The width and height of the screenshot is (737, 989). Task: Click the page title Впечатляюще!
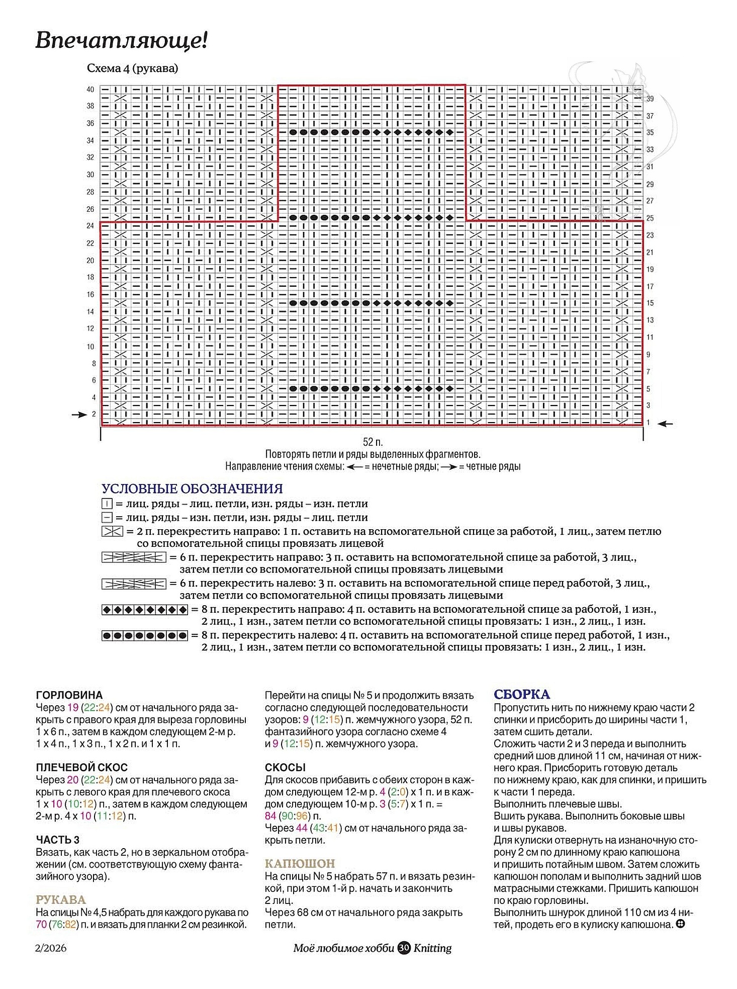(121, 40)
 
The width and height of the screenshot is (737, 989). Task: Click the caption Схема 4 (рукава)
(132, 68)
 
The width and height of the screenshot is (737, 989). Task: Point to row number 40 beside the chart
(90, 90)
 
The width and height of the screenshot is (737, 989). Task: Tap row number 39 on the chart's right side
(650, 99)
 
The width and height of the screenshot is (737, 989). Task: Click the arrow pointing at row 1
(665, 424)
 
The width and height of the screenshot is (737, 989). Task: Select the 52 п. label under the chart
(373, 442)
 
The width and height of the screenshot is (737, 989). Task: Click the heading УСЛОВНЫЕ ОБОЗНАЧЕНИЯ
(192, 488)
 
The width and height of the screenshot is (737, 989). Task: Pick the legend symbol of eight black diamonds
(145, 610)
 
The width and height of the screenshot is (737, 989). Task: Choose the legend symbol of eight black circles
(145, 636)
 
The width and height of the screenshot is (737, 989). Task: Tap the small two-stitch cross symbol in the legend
(112, 531)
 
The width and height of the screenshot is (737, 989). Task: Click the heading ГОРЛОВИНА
(69, 695)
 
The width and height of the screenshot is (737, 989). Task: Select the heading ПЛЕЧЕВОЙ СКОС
(81, 768)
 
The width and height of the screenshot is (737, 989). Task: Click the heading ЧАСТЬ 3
(57, 840)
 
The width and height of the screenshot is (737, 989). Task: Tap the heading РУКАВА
(61, 900)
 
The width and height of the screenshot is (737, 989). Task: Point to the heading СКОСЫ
(285, 768)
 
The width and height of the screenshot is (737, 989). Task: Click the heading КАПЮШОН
(300, 864)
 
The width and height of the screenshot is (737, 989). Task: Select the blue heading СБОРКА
(521, 695)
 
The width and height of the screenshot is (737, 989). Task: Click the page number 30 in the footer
(404, 948)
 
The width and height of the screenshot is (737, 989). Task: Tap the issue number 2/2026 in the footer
(51, 948)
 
